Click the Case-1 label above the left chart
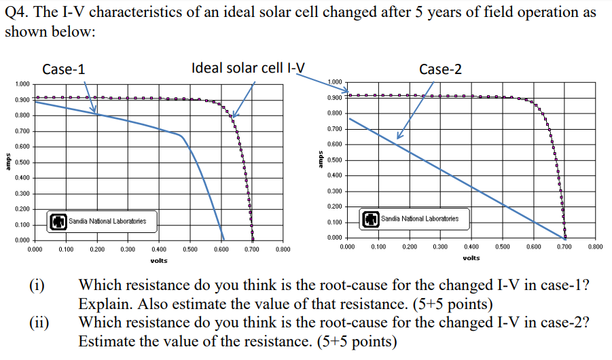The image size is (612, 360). (x=64, y=69)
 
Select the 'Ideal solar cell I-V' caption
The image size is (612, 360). (x=248, y=67)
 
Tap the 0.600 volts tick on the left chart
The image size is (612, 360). (x=221, y=250)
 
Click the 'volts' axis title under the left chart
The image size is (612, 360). (x=159, y=260)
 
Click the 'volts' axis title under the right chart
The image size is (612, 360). (x=471, y=258)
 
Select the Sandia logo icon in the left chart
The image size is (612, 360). (x=59, y=221)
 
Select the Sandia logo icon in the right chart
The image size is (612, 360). (x=372, y=219)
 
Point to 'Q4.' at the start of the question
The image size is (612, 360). (x=19, y=14)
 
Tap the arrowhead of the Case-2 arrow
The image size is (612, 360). (x=399, y=137)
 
